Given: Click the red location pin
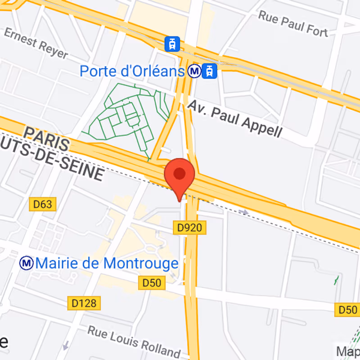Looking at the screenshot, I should [x=180, y=175].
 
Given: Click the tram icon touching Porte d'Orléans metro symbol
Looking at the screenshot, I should [x=210, y=71].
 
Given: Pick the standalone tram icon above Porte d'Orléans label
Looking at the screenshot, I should [x=172, y=44].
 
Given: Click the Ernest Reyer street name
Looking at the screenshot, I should [x=36, y=44].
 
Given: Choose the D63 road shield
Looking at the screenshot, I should [x=43, y=205].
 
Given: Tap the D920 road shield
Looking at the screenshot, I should [x=189, y=228].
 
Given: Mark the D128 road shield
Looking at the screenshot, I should [x=84, y=303].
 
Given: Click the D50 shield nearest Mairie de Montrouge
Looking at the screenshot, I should [x=152, y=283].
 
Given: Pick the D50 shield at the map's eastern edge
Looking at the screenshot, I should [x=347, y=310].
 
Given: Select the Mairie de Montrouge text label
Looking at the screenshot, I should [x=107, y=263].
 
